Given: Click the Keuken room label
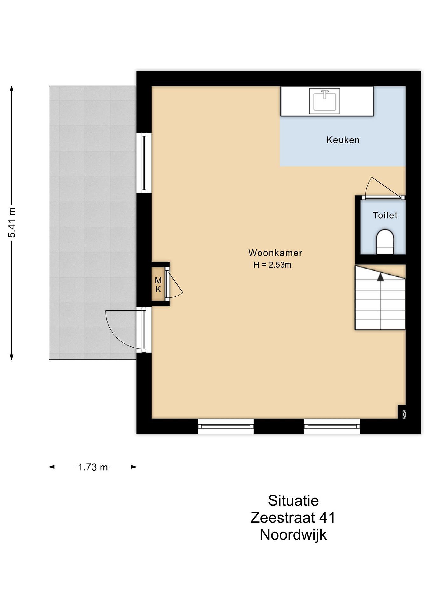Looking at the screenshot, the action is (x=343, y=140).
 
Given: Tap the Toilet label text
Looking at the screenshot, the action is (x=385, y=215).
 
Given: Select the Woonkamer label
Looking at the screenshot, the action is (x=275, y=253).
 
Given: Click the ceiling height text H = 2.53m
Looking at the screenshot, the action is (x=272, y=265).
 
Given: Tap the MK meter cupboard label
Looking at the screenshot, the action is (x=158, y=285).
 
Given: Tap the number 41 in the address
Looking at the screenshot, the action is (x=327, y=518).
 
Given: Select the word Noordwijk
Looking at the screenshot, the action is (x=293, y=535).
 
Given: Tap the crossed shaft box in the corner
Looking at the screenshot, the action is (x=404, y=414).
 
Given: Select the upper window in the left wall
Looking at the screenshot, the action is (x=144, y=163).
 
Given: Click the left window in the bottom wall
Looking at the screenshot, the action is (x=226, y=426).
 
